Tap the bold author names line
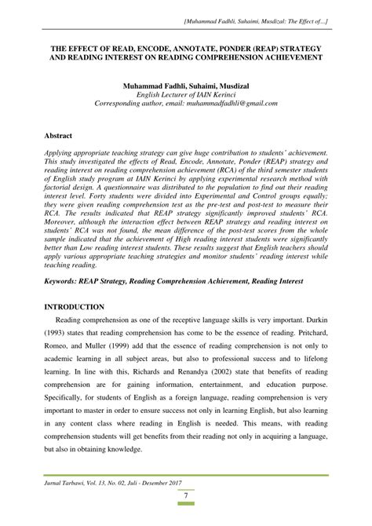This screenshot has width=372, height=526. point(187,83)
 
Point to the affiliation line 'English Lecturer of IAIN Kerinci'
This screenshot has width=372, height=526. point(187,93)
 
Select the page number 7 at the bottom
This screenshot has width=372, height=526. point(186,504)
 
